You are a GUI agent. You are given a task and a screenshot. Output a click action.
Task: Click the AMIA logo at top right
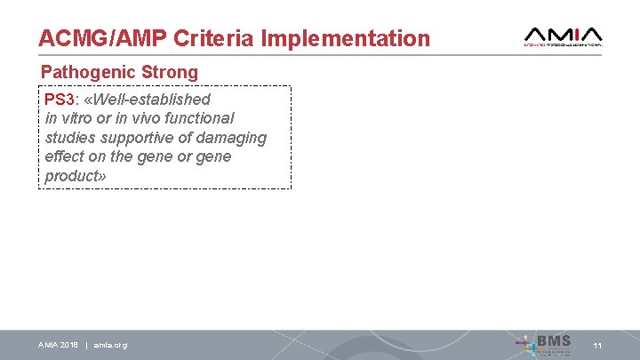coord(564,35)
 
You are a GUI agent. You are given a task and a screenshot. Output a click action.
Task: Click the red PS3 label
coord(60,99)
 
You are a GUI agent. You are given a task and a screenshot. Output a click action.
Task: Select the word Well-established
coord(151,99)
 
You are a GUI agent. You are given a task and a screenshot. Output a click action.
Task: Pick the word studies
coord(69,138)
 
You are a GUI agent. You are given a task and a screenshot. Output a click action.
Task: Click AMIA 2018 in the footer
coord(58,345)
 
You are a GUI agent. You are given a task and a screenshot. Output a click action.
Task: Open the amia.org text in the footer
coord(110,345)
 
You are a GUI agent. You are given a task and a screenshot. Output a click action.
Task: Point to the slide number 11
coord(598,345)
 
